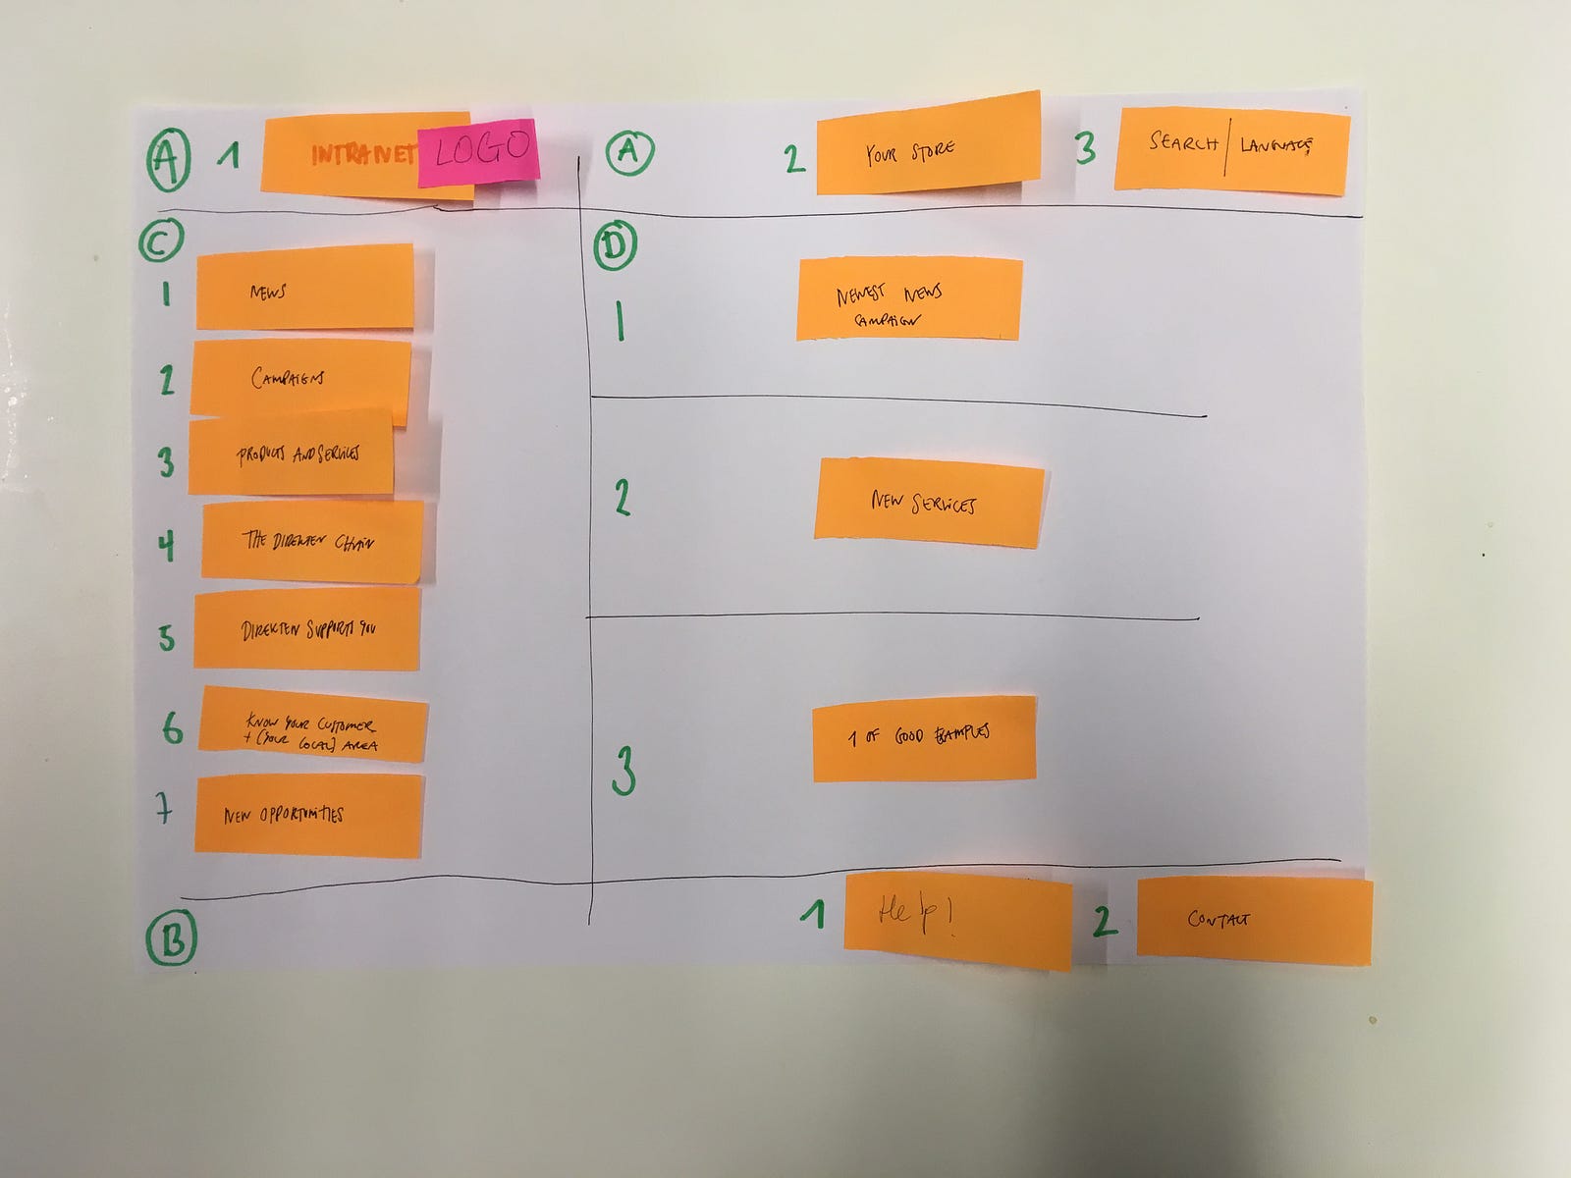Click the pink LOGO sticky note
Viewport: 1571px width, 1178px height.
479,152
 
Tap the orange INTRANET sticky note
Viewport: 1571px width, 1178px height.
339,155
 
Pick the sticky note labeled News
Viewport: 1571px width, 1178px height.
305,287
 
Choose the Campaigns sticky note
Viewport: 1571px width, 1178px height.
300,378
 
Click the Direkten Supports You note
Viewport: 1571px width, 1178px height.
307,629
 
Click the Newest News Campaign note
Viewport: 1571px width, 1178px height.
908,300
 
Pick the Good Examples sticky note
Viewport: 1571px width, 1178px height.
924,738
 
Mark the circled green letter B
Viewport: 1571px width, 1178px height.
172,938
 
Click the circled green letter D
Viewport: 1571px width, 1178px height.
616,246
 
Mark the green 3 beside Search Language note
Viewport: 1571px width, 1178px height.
1085,149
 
